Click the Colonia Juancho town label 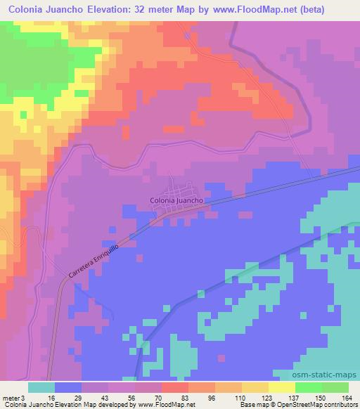[x=176, y=200]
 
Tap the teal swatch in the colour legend [x=41, y=387]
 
